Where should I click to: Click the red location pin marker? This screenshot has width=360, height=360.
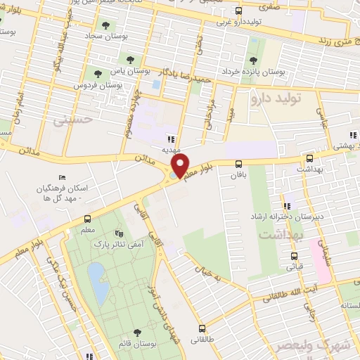click(181, 165)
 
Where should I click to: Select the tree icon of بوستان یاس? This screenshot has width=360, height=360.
click(129, 58)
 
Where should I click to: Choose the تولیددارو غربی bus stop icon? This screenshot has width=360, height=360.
click(238, 11)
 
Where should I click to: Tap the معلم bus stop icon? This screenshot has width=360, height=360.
click(87, 218)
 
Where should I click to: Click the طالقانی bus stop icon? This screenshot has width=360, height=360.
click(203, 328)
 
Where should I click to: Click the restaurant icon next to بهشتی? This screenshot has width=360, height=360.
click(352, 136)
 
